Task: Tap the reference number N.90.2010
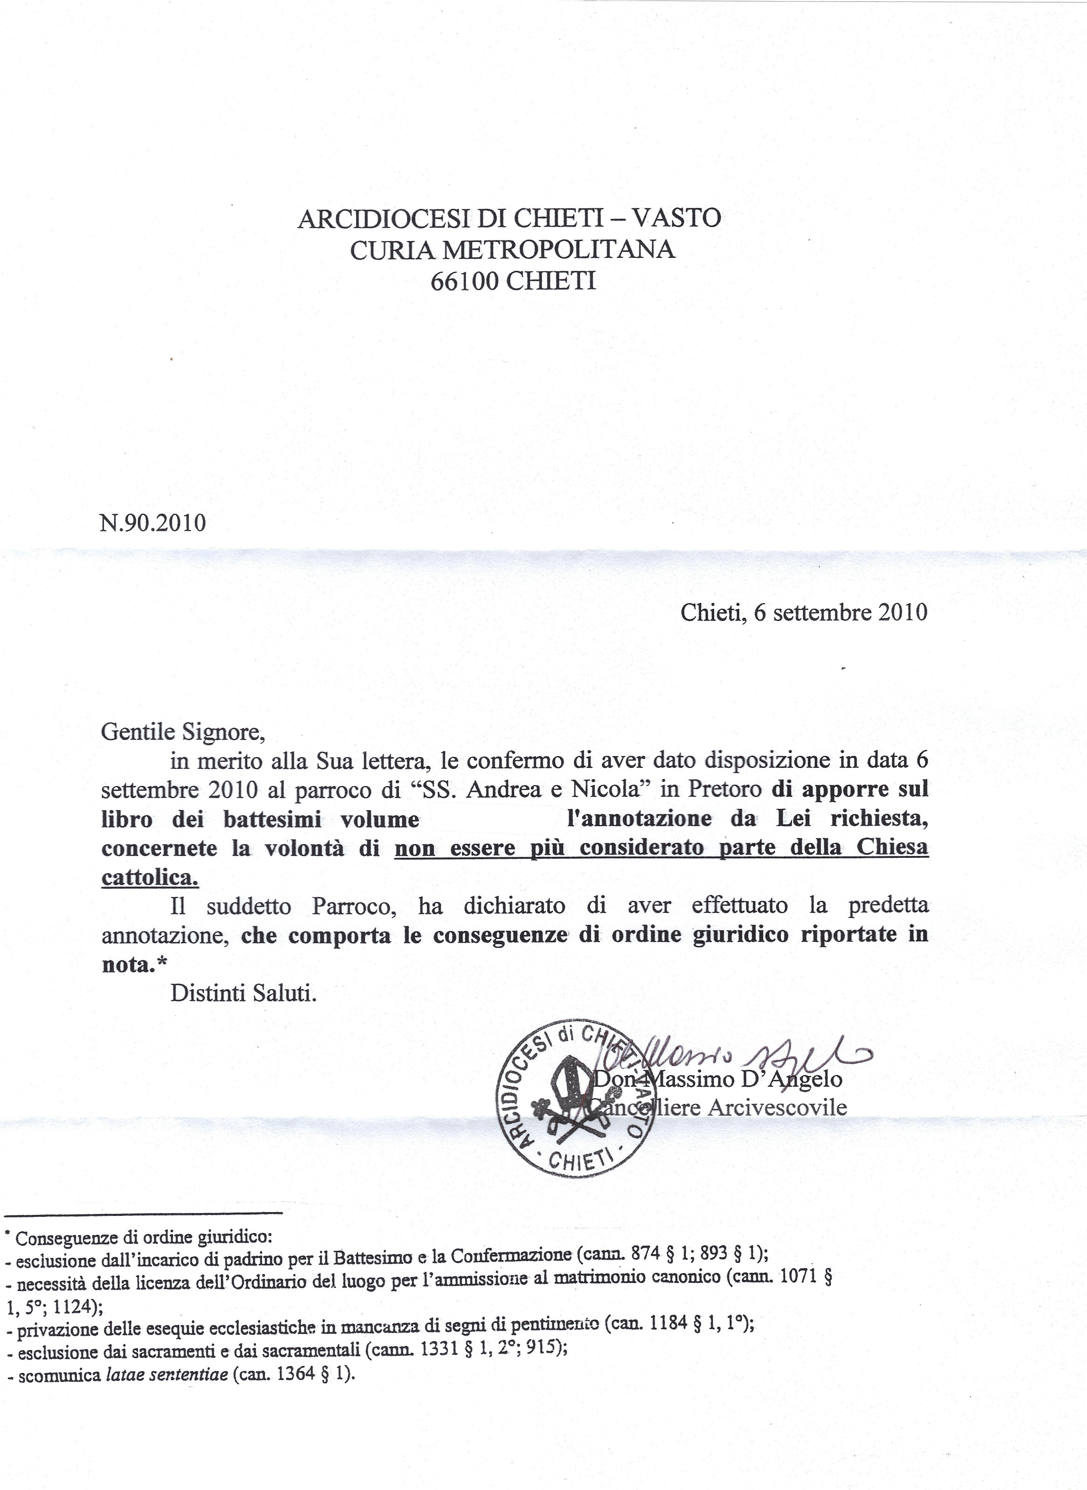coord(152,523)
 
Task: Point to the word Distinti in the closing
coord(206,993)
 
